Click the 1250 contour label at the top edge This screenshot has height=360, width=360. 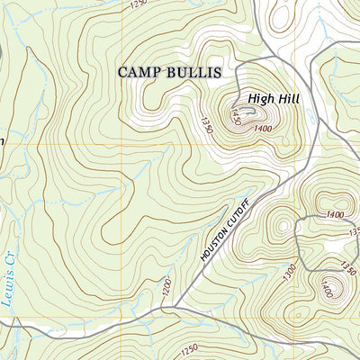pyautogui.click(x=137, y=4)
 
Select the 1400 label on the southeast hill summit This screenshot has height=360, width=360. pyautogui.click(x=329, y=290)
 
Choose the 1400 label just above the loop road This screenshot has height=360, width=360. pyautogui.click(x=336, y=214)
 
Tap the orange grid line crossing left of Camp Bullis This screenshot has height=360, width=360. pyautogui.click(x=54, y=144)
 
